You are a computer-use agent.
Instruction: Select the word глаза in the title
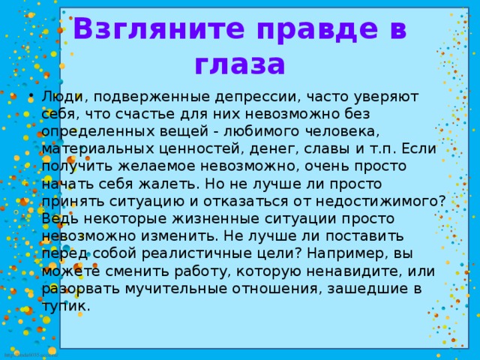coord(239,64)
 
